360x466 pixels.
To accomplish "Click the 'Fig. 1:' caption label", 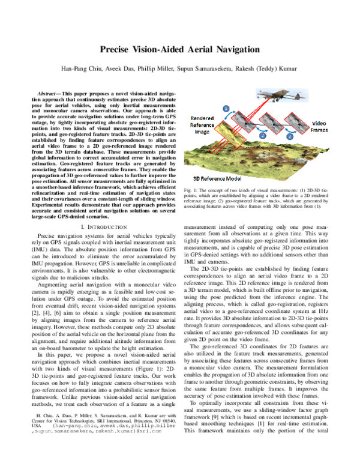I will (x=190, y=190).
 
